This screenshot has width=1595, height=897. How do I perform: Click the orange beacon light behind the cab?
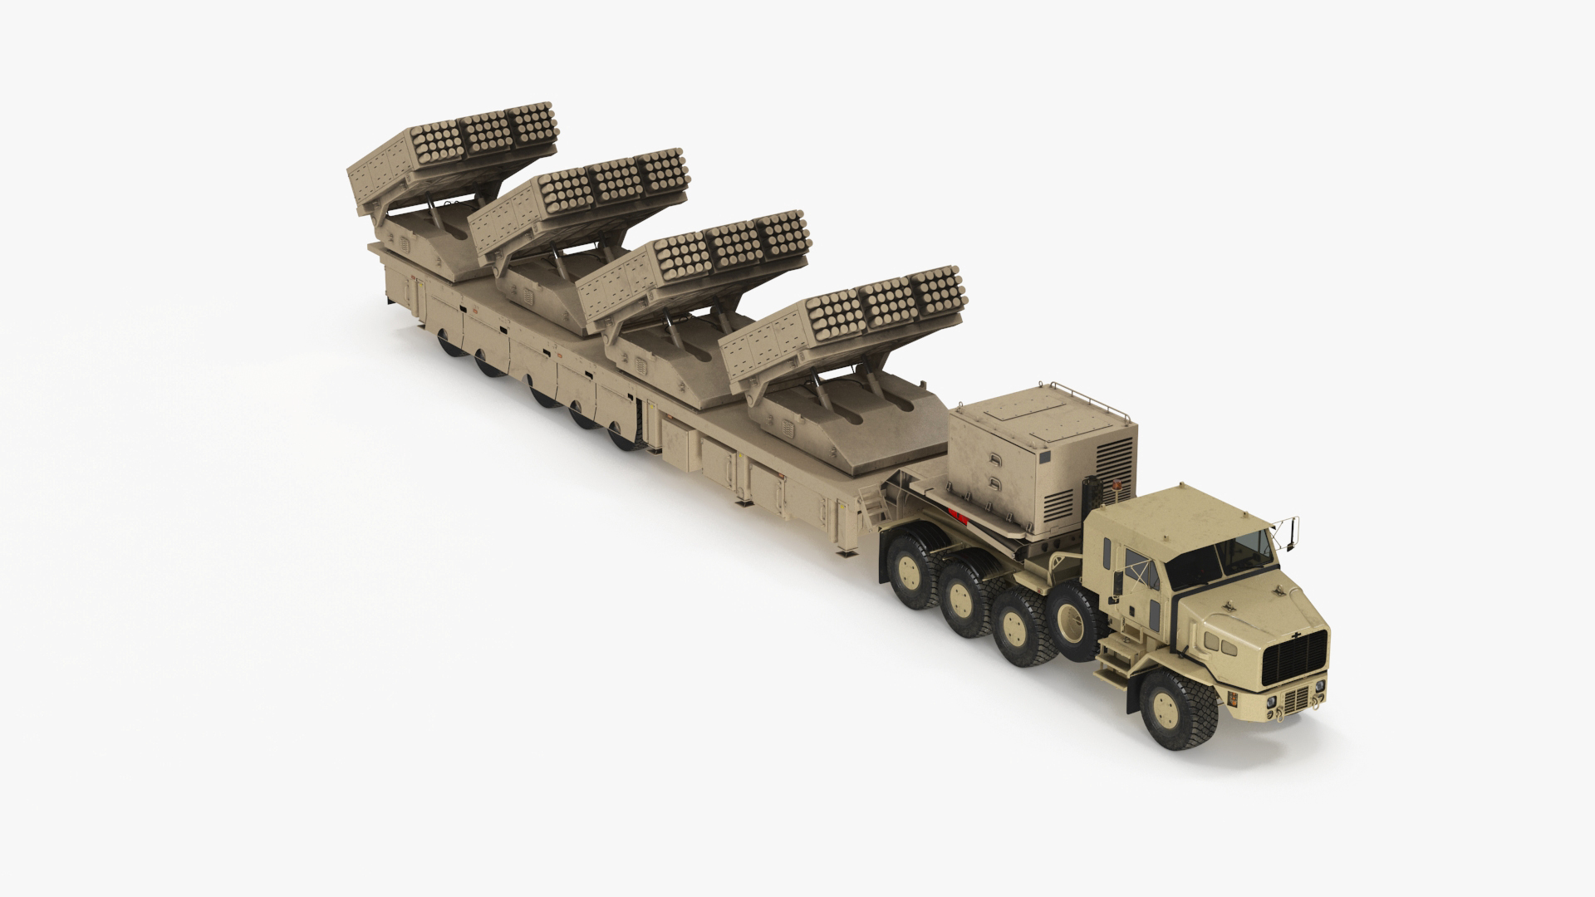coord(1116,484)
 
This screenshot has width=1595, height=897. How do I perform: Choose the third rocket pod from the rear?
coord(694,257)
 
